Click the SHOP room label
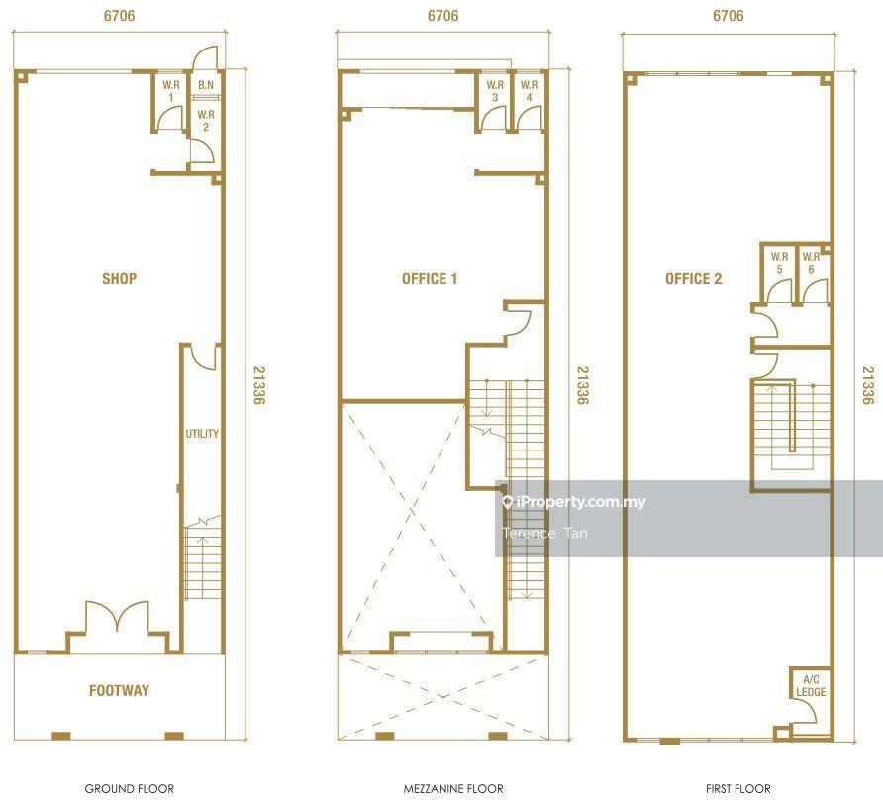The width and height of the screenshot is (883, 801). point(119,278)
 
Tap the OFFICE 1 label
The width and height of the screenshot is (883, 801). point(429,279)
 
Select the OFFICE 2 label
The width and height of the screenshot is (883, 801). point(693,279)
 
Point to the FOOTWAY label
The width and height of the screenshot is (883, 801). point(119,690)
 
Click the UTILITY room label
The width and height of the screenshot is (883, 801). point(202,433)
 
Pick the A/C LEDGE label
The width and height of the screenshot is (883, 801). point(811,685)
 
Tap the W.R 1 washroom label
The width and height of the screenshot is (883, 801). point(171,91)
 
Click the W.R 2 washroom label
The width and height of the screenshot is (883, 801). point(206,121)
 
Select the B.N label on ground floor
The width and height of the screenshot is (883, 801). point(206,85)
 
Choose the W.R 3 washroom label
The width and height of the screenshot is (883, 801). point(495,91)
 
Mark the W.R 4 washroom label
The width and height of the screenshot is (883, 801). point(529,91)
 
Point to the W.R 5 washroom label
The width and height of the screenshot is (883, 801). point(779,263)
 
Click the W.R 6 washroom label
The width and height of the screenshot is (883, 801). point(811,263)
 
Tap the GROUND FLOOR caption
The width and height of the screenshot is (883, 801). point(130,788)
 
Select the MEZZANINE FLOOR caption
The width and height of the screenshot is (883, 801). point(453,788)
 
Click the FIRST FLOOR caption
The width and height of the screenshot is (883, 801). point(738,788)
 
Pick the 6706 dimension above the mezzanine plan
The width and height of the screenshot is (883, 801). point(442,15)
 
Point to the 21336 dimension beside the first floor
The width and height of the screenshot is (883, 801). point(868,385)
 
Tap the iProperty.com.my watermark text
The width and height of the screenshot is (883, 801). point(581,502)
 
